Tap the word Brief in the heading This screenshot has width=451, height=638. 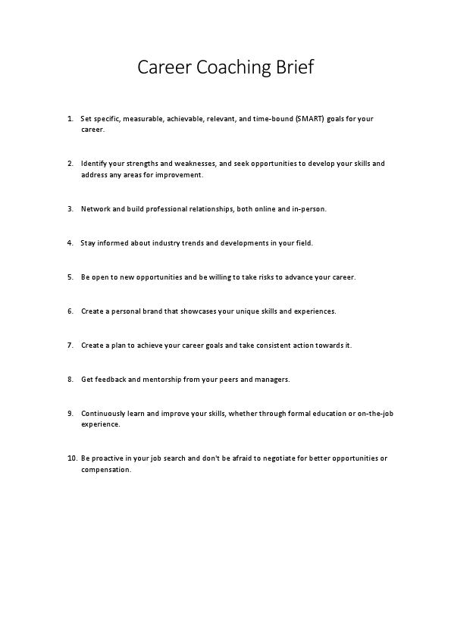[x=291, y=67]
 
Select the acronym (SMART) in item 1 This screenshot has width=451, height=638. [x=309, y=119]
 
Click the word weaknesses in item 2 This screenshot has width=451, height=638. [x=196, y=164]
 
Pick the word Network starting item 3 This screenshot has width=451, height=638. [x=96, y=208]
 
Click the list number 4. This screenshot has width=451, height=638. [x=70, y=243]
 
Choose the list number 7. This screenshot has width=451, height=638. [x=70, y=346]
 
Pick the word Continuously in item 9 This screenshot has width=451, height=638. [x=104, y=414]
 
